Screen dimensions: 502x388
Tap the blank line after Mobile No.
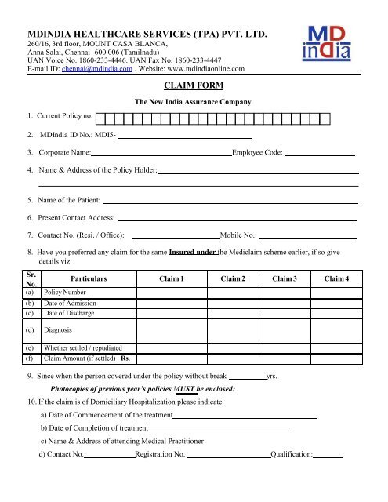click(x=308, y=237)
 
